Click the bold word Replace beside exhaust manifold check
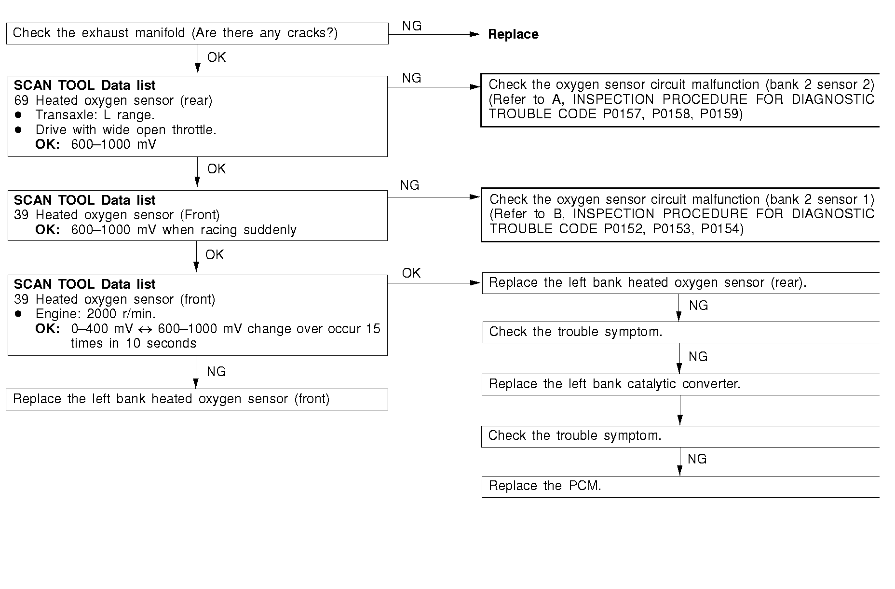[513, 35]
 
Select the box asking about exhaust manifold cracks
[197, 33]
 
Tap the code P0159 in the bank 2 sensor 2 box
[721, 114]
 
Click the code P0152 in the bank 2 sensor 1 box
[624, 229]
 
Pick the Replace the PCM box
[680, 487]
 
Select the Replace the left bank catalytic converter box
[680, 385]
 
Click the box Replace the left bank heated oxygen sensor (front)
[197, 400]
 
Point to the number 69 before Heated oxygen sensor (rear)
[21, 101]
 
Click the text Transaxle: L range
[95, 115]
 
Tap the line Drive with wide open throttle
[125, 130]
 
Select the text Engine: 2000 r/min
[95, 314]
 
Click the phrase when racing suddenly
[229, 230]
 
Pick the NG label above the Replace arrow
[411, 26]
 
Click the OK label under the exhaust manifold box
[216, 57]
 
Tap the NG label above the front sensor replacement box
[216, 372]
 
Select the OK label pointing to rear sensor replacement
[411, 273]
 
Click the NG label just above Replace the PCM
[697, 459]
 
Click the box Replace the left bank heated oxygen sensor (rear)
[680, 283]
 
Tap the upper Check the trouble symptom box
[680, 333]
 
